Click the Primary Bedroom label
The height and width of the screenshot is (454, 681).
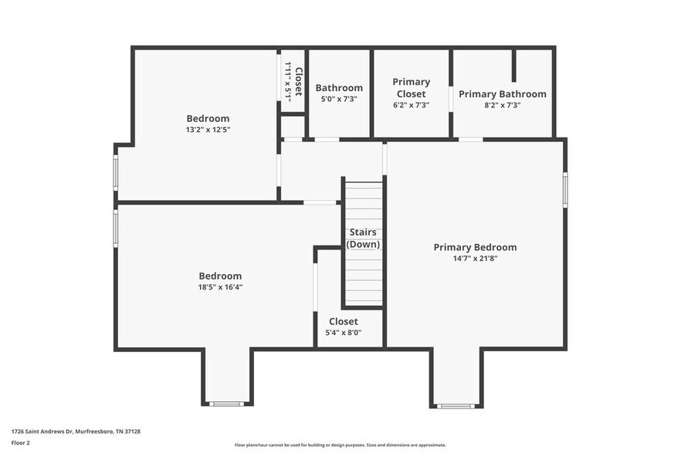(x=475, y=247)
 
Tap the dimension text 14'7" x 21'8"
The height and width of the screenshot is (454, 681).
(x=475, y=259)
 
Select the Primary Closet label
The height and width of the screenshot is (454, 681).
(x=411, y=88)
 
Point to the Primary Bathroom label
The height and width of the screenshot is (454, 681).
(x=502, y=94)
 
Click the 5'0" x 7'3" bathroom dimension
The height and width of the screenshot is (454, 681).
(x=339, y=100)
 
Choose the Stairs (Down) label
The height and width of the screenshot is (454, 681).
(x=363, y=238)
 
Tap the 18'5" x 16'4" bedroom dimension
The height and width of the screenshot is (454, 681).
(x=220, y=287)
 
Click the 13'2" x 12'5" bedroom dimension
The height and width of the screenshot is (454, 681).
(x=208, y=130)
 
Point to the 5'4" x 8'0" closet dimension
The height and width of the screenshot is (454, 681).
(x=344, y=333)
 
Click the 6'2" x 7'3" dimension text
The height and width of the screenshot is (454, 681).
(x=411, y=105)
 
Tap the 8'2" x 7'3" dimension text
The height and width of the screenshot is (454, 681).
(x=502, y=105)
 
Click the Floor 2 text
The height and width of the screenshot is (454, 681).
(x=21, y=443)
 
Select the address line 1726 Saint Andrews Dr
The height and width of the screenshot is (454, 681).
(x=76, y=432)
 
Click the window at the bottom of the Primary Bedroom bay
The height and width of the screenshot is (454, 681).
(x=456, y=405)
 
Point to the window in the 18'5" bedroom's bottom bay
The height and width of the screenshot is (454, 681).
(x=227, y=403)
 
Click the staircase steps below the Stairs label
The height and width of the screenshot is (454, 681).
(x=363, y=278)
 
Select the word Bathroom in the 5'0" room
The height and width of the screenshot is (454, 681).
(x=339, y=88)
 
